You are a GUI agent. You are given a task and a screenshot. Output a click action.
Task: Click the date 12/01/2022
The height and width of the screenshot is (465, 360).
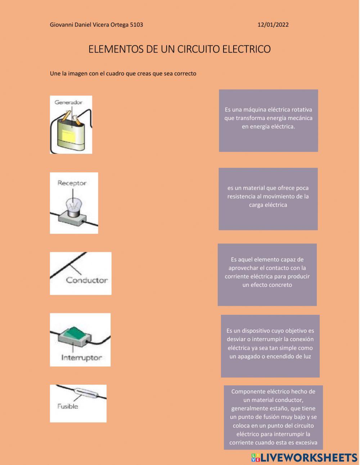pos(273,25)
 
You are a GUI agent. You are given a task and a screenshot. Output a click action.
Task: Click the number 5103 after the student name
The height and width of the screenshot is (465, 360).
pos(136,25)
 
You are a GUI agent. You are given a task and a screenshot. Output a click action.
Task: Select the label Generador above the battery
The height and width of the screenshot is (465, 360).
pos(68,102)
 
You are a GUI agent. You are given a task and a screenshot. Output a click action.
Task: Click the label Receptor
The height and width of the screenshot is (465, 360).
pos(72,183)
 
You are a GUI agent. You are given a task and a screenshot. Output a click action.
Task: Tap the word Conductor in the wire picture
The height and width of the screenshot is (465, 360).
pos(87,280)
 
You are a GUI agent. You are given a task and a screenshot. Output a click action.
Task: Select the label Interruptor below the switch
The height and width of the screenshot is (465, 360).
pos(81,358)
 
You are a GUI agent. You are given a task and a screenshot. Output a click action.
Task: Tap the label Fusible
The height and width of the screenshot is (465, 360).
pos(68,406)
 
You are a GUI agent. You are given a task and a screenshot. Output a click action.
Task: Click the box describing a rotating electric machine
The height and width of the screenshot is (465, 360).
pos(268,120)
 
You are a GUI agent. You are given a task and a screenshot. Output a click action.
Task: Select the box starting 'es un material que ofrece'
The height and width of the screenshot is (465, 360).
pos(268,198)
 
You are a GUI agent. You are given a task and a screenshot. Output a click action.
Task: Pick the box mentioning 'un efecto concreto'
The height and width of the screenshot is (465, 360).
pos(267,274)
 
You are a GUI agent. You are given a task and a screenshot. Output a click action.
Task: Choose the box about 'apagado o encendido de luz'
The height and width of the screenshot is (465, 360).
pos(270,346)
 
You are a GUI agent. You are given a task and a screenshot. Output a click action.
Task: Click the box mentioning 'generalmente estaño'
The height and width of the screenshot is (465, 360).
pos(273,417)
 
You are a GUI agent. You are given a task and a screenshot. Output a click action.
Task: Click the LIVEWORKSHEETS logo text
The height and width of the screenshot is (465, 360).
pos(308,457)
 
